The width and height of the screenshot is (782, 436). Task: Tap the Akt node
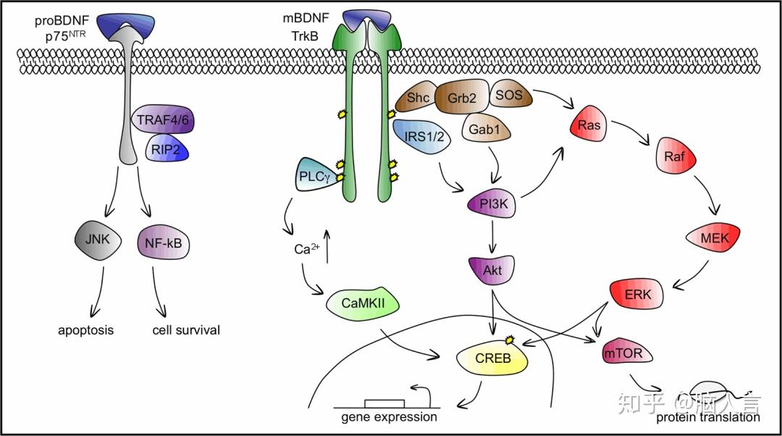[492, 270]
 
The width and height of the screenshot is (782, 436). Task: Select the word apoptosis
[86, 330]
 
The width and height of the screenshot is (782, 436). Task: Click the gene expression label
[390, 417]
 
